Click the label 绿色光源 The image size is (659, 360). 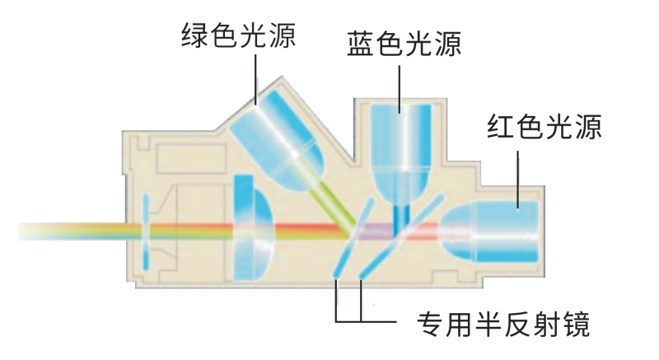pyautogui.click(x=239, y=35)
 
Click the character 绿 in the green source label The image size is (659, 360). pyautogui.click(x=194, y=35)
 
